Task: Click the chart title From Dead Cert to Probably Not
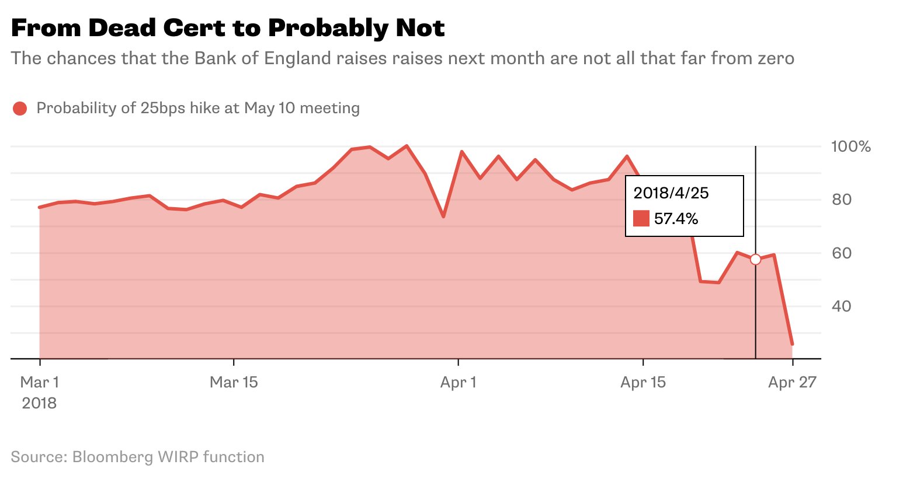coord(228,28)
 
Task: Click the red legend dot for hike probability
coord(20,109)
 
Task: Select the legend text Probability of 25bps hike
coord(198,109)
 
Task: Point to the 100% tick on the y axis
coord(850,146)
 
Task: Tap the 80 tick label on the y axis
coord(842,200)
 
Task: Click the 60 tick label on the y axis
coord(842,253)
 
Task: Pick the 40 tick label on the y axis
coord(842,306)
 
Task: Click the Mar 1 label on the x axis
coord(40,383)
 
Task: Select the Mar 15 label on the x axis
coord(234,383)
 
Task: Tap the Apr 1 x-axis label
coord(459,383)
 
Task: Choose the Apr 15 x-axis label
coord(643,383)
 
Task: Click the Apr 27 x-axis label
coord(792,383)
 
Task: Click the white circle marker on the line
coord(755,259)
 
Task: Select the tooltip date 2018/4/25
coord(671,193)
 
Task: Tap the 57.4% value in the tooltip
coord(676,219)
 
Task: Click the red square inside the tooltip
coord(641,219)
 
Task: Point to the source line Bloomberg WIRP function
coord(137,457)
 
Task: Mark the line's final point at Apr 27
coord(792,344)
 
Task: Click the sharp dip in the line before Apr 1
coord(443,216)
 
